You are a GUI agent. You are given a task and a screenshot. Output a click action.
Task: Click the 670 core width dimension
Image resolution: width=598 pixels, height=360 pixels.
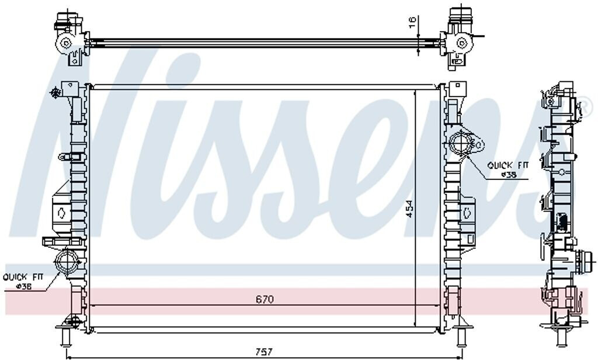264,299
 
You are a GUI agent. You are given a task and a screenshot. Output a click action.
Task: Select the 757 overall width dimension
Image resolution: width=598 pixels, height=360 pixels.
264,352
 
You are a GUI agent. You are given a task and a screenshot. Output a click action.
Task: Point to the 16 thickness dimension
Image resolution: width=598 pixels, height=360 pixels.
412,23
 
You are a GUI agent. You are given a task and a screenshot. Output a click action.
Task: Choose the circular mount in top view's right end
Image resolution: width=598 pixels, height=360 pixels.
461,42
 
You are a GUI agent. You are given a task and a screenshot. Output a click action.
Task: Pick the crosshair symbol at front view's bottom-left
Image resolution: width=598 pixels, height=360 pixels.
73,321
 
